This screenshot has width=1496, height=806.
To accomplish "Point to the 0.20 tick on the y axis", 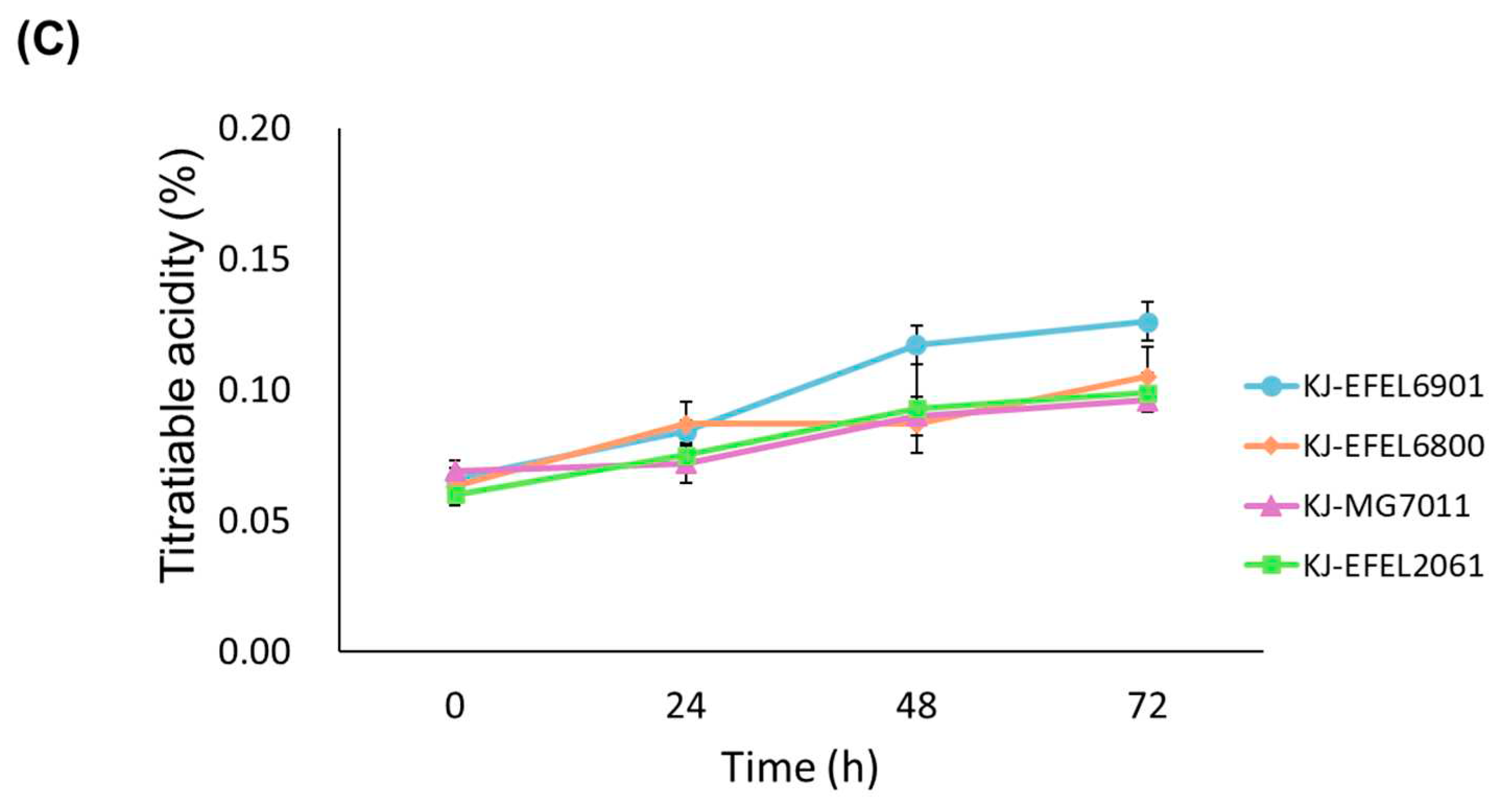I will [254, 129].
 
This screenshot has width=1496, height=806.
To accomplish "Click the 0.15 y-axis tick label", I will [254, 260].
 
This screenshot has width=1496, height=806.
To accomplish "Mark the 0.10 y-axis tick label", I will [254, 391].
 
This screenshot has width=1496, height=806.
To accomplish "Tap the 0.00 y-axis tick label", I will [254, 652].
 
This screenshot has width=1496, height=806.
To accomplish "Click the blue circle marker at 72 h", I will [1147, 322].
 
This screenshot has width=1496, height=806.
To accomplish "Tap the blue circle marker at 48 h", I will [917, 345].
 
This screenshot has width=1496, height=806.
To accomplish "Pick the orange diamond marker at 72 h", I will [1147, 376].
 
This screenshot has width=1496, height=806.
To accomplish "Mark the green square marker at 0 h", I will [456, 495].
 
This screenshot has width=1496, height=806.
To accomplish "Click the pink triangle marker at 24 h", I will [687, 464].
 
